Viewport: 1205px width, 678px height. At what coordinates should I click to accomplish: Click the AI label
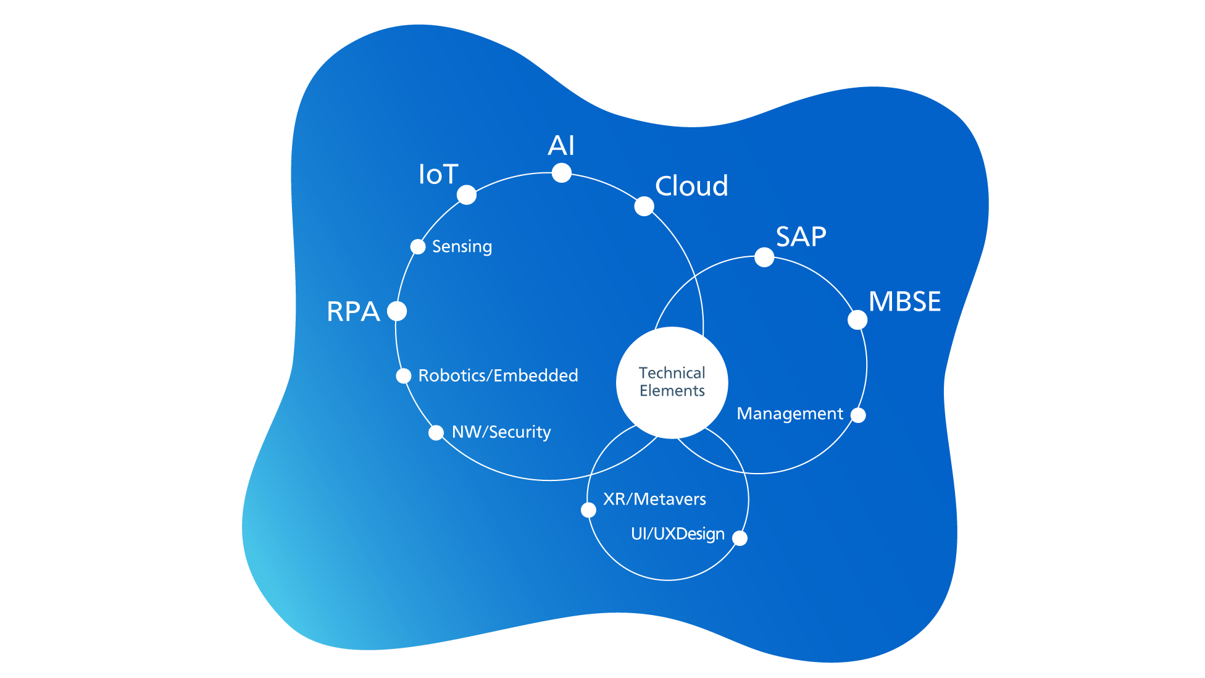click(x=561, y=146)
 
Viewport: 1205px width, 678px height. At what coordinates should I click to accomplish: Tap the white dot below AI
click(x=561, y=173)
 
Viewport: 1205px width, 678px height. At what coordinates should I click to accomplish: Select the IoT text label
click(x=438, y=175)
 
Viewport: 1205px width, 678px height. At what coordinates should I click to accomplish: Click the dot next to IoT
click(x=467, y=195)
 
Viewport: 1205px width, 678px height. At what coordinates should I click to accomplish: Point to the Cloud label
click(x=691, y=186)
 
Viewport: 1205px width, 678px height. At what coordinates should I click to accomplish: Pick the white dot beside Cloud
click(x=644, y=206)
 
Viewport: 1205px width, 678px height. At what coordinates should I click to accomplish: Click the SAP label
click(x=801, y=236)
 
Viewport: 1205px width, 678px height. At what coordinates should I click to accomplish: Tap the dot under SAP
click(x=764, y=257)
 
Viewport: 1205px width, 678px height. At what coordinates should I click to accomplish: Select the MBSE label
click(x=904, y=302)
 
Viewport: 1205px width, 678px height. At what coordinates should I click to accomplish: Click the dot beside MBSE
click(x=857, y=320)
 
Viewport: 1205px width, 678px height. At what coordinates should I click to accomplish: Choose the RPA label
click(x=353, y=312)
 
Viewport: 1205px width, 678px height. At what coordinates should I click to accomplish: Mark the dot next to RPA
click(x=397, y=311)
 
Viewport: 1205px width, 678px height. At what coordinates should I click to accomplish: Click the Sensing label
click(x=462, y=247)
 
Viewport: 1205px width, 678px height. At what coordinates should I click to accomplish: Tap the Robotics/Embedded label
click(x=498, y=375)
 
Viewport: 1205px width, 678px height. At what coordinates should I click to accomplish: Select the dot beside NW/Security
click(x=436, y=432)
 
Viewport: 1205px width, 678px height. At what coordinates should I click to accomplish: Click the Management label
click(x=790, y=414)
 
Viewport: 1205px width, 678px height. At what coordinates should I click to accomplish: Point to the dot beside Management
click(x=858, y=415)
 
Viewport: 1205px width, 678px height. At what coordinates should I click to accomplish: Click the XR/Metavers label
click(x=654, y=499)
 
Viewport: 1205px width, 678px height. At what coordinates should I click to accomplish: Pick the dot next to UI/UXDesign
click(x=740, y=538)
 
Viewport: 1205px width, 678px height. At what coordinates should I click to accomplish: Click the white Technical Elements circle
click(x=672, y=382)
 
